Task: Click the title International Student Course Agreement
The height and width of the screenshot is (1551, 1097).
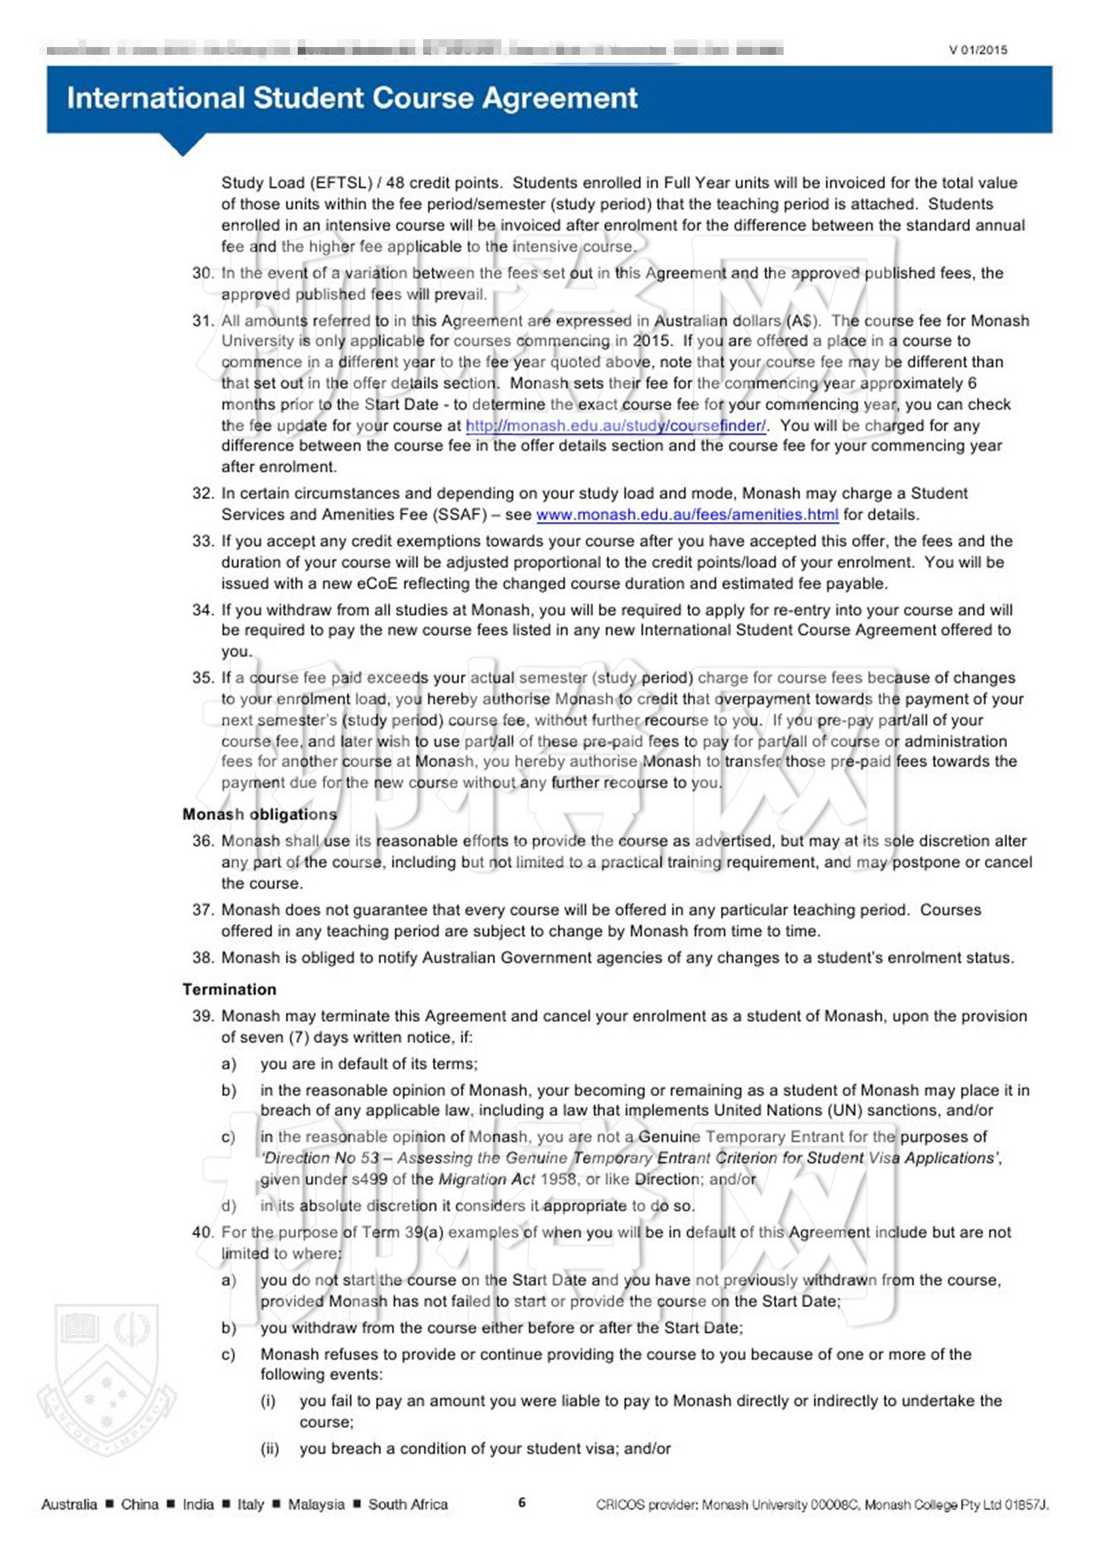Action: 352,99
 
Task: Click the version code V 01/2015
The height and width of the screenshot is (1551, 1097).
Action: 978,50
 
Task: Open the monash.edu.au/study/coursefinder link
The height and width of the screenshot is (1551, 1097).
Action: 616,426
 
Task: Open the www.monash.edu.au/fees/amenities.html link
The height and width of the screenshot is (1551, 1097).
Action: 686,515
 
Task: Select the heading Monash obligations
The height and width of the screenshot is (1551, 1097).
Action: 259,815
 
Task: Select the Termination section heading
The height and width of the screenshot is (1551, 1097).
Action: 229,990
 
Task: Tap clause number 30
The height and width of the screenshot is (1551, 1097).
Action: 202,274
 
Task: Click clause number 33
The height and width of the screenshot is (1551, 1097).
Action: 202,542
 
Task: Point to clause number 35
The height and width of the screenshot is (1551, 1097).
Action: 202,678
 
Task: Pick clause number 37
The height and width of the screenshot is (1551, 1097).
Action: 202,910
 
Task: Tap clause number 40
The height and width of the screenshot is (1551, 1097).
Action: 202,1233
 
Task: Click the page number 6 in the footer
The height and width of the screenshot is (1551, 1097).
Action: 522,1503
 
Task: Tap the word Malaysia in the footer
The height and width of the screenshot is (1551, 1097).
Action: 316,1505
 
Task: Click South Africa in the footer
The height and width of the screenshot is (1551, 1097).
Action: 407,1505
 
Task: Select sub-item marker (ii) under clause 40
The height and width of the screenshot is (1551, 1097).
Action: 270,1449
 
